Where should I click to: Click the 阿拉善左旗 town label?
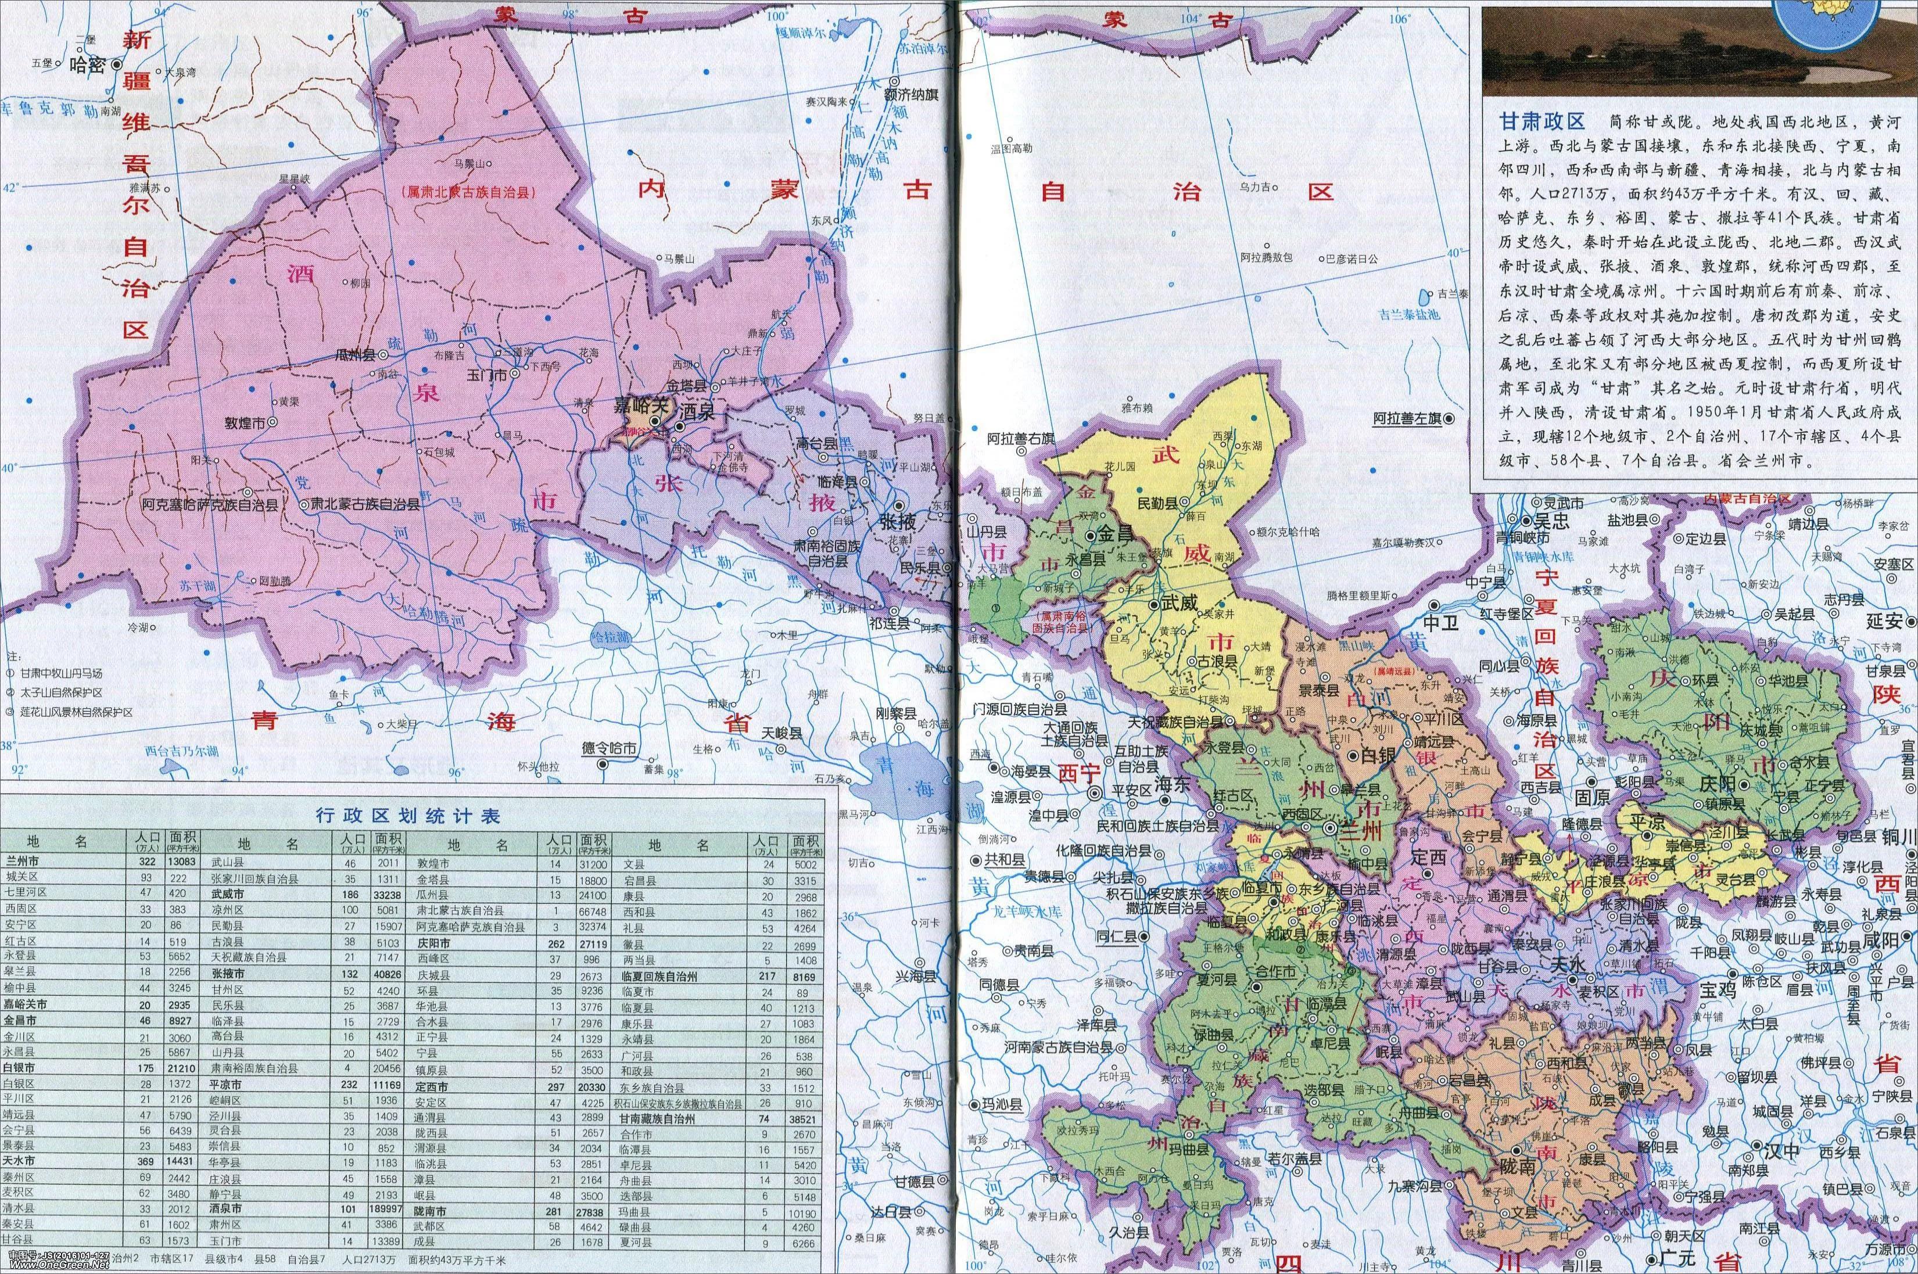coord(1406,418)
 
